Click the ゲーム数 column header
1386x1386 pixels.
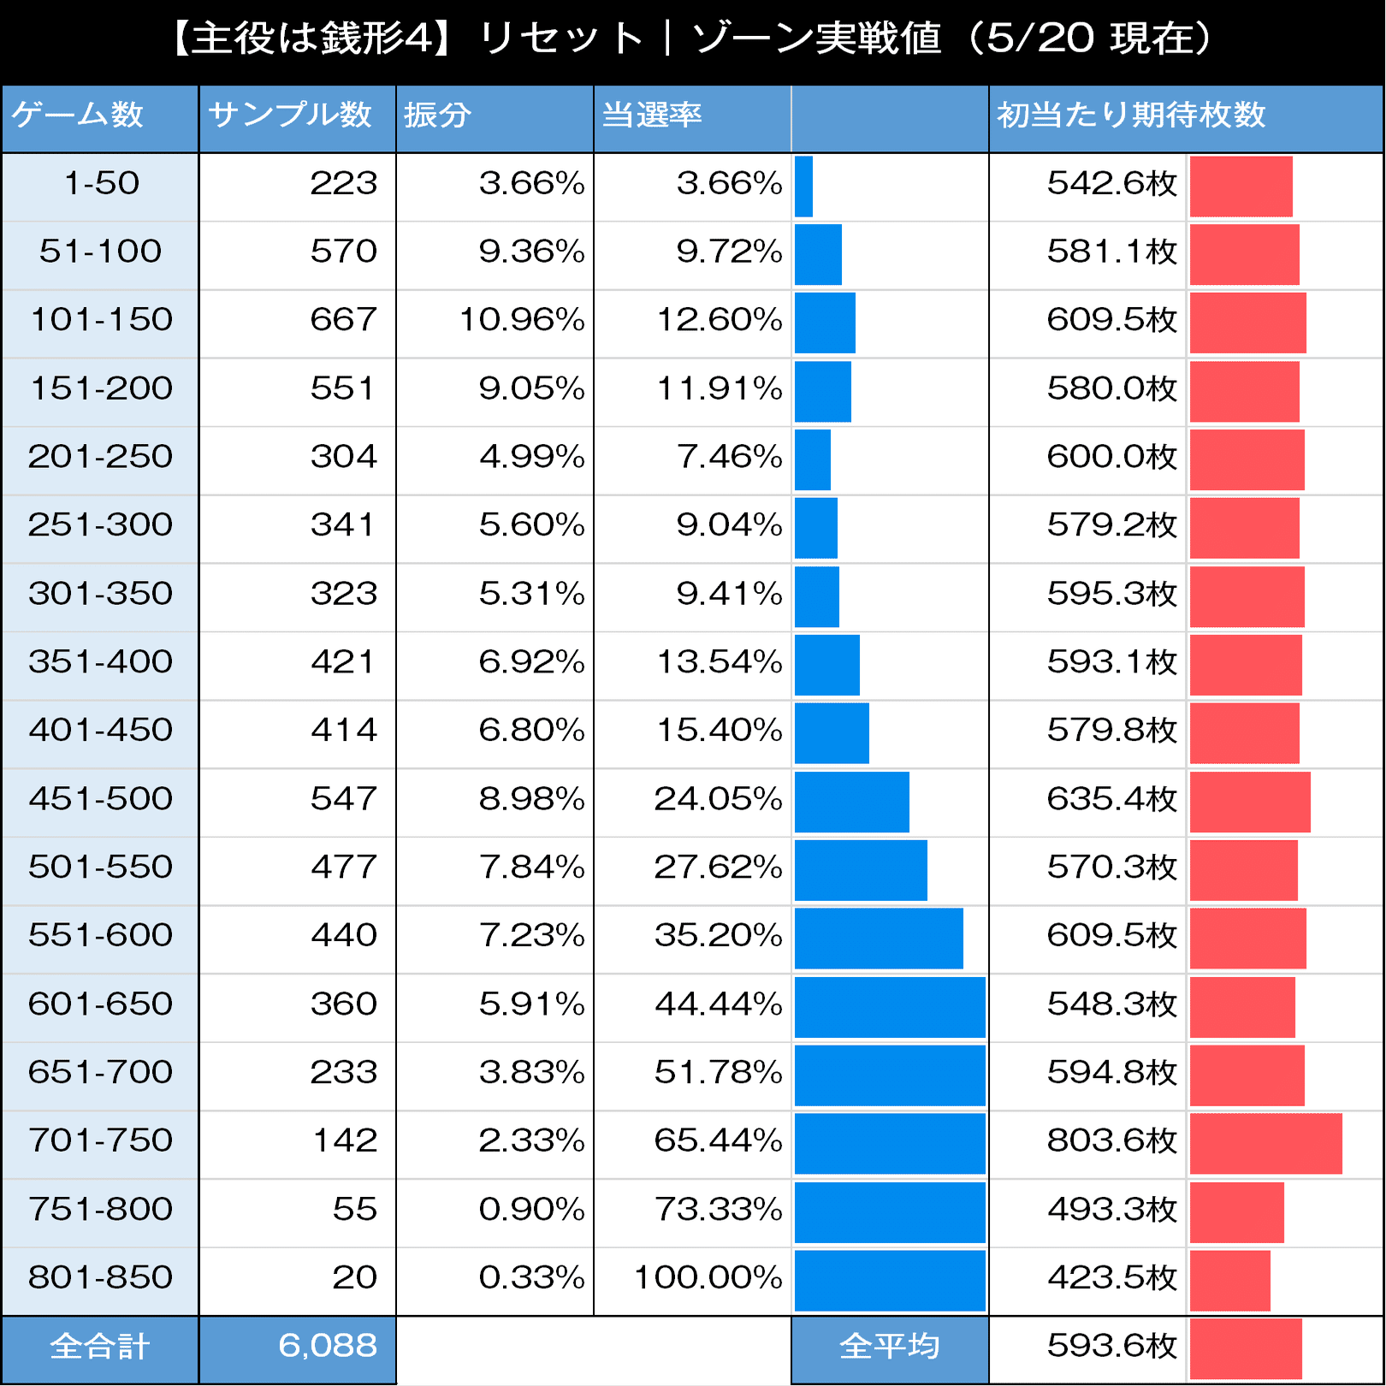(78, 115)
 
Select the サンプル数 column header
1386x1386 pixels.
(290, 115)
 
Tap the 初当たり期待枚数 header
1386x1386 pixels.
(1131, 115)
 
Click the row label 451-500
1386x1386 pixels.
(101, 798)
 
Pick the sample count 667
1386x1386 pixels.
(343, 320)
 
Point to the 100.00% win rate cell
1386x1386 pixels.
(708, 1277)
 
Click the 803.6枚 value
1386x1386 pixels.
(1111, 1140)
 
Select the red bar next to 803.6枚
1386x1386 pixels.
(1265, 1144)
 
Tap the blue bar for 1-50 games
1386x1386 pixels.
(803, 187)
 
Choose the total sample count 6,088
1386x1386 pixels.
(328, 1346)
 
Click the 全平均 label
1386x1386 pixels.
(890, 1347)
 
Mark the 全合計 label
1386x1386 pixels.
(100, 1347)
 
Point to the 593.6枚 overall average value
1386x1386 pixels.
(1111, 1346)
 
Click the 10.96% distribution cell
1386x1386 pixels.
(522, 320)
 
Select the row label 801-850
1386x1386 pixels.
(101, 1277)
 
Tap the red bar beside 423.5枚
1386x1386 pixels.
(1229, 1281)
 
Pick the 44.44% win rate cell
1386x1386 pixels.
(719, 1004)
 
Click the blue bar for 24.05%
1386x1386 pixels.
(851, 802)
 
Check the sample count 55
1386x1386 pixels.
(354, 1209)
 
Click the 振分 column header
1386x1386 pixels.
(438, 115)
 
